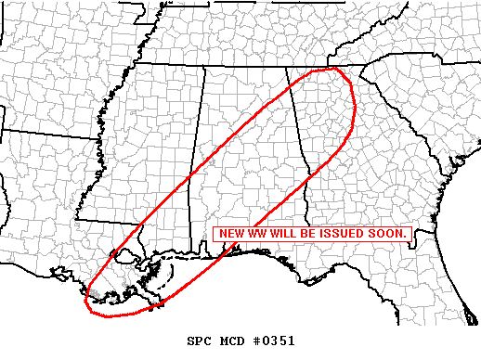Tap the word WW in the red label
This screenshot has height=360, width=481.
tap(256, 233)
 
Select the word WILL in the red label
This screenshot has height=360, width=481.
tap(281, 233)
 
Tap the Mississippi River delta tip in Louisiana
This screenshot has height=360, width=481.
tap(165, 295)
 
